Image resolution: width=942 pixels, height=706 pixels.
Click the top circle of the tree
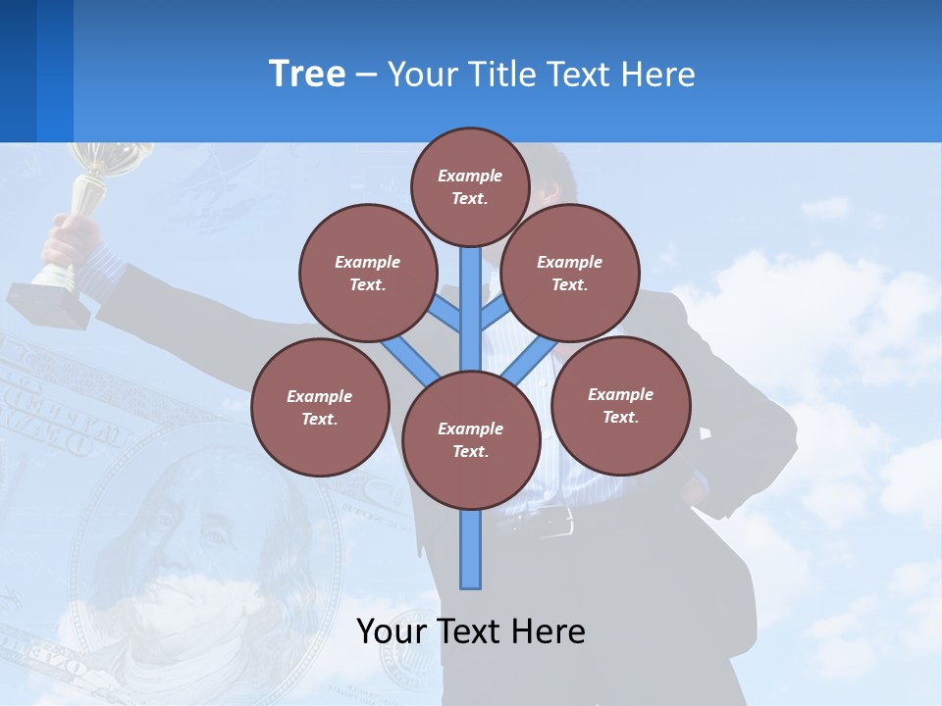point(470,186)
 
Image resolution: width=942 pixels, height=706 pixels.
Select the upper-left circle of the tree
point(367,273)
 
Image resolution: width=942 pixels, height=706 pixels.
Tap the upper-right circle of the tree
point(570,273)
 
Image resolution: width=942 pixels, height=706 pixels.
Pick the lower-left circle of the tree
point(320,407)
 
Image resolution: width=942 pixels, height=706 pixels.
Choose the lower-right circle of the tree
point(620,405)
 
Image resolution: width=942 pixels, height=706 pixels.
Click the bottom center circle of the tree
point(471,439)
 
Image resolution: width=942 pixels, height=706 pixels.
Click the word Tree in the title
point(307,74)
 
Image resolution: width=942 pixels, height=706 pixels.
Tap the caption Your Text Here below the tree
point(471,630)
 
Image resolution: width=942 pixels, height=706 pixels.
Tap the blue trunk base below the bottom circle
point(471,549)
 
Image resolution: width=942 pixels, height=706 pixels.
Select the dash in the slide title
point(367,75)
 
